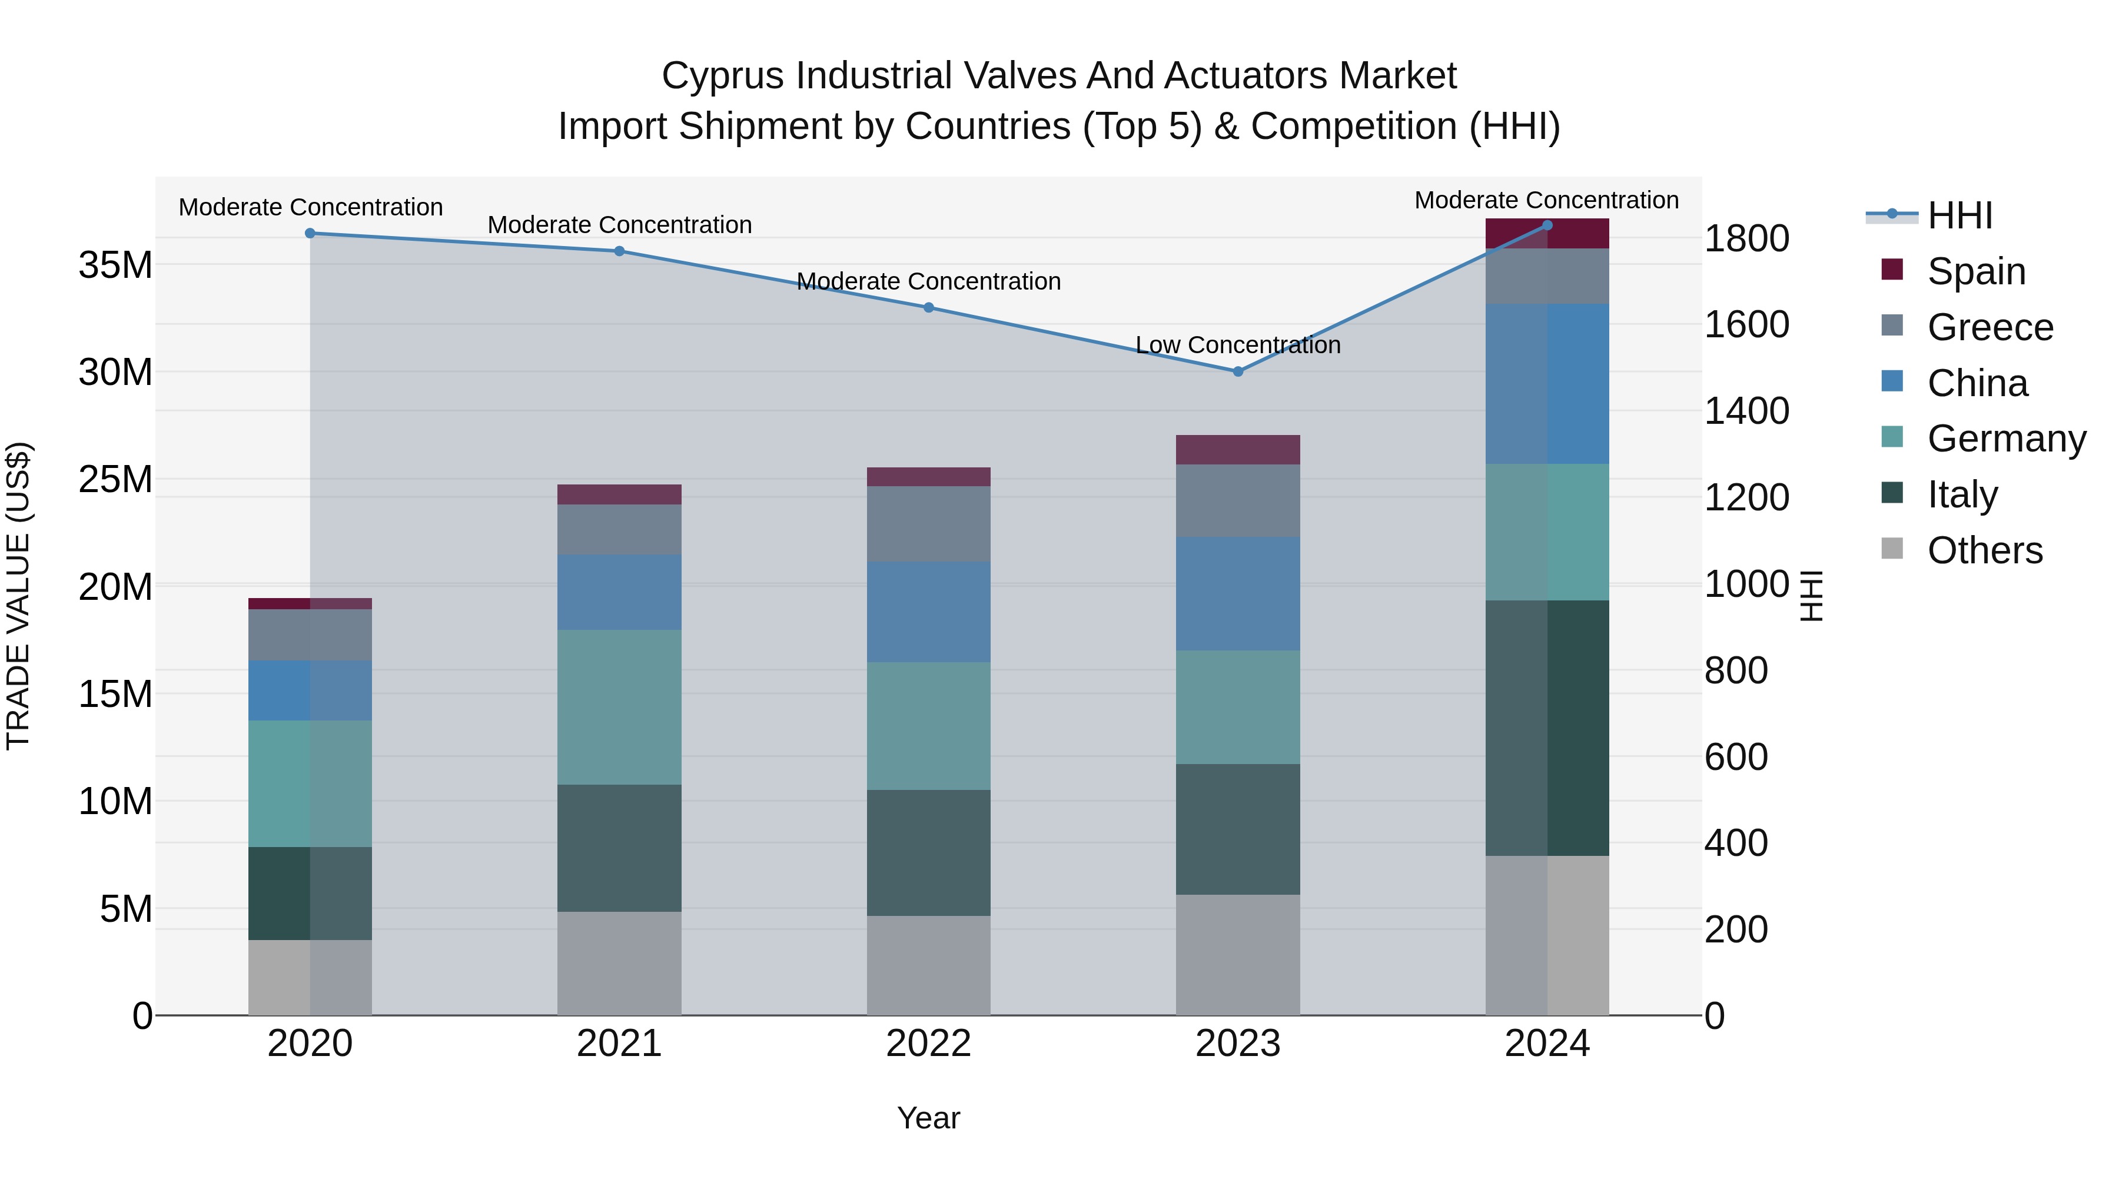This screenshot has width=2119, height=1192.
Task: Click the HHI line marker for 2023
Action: (1237, 371)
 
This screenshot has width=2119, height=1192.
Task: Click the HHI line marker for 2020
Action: (310, 233)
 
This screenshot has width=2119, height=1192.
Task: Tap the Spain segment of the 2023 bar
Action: (1237, 449)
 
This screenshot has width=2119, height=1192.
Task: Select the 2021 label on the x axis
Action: (619, 1043)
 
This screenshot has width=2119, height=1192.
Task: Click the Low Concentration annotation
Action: (1237, 345)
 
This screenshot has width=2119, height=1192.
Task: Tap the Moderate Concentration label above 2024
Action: (1546, 200)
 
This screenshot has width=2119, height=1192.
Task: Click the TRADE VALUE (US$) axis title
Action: (18, 596)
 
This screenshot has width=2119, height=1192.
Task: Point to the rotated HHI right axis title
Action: (1811, 596)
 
